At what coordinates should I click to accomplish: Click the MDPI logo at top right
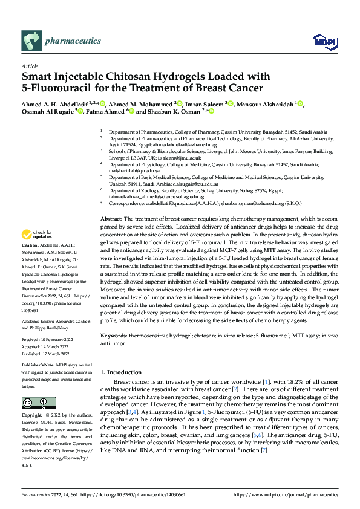coord(321,41)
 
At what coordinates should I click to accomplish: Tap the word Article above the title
coord(29,66)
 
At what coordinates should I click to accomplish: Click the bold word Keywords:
coord(113,334)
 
